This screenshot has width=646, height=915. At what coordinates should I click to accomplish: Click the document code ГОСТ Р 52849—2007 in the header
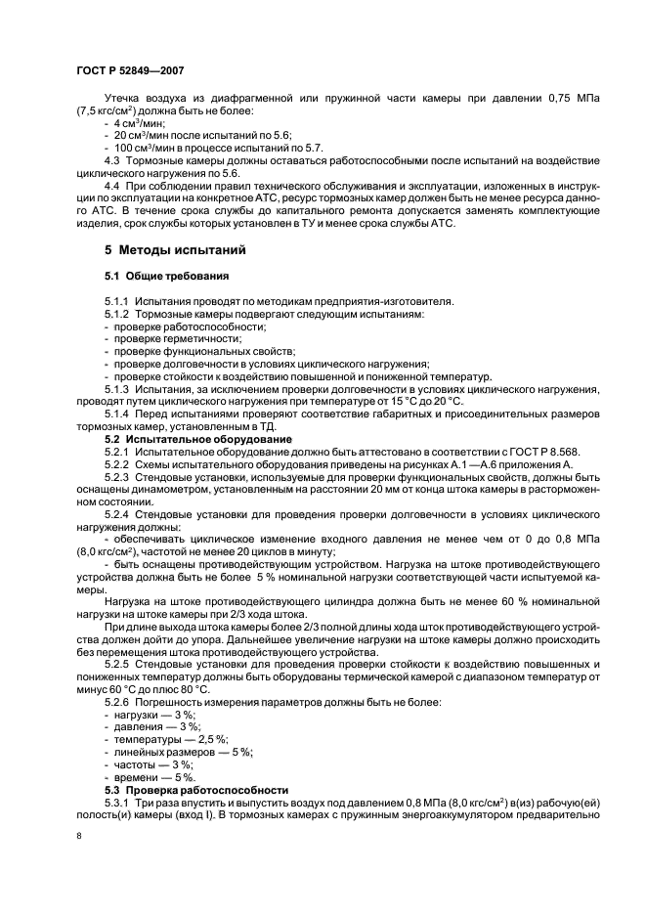[x=128, y=70]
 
